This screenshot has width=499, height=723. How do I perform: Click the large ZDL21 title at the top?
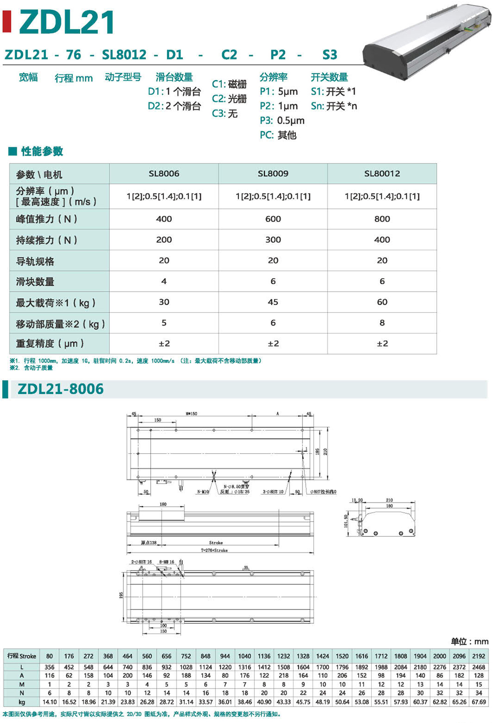(66, 22)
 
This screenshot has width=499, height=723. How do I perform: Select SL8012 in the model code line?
(124, 55)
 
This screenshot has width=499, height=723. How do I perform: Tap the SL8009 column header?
(273, 174)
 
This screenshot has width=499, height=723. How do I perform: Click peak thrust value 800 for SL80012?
(382, 219)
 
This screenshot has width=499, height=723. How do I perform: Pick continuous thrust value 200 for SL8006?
(164, 240)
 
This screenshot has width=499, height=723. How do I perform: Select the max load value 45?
(273, 302)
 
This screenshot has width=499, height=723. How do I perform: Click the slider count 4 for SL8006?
(164, 281)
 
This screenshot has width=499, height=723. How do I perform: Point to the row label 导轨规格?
(35, 261)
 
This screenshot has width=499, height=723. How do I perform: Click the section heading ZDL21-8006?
(61, 389)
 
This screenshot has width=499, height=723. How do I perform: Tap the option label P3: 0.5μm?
(282, 121)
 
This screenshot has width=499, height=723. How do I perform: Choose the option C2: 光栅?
(229, 99)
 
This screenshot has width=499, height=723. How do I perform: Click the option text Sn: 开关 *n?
(334, 106)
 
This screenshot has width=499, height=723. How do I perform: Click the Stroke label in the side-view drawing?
(216, 542)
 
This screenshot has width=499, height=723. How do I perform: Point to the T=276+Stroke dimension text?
(214, 550)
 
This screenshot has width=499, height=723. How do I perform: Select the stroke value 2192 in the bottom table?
(479, 656)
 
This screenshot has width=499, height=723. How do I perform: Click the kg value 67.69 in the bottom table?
(479, 702)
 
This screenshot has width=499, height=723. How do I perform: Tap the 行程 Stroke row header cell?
(22, 656)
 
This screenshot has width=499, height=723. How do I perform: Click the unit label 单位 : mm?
(469, 642)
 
